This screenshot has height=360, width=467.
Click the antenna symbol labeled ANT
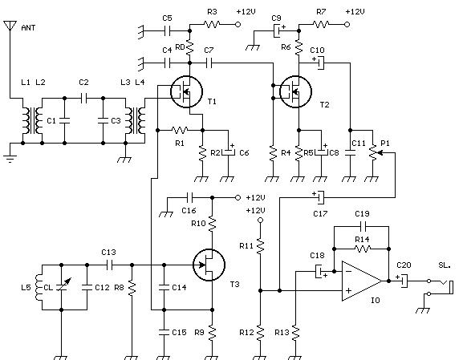(x=10, y=26)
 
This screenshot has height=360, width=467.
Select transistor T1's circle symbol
(x=186, y=91)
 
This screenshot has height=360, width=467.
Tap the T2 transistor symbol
(x=295, y=91)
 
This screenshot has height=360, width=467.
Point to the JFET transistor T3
(x=209, y=265)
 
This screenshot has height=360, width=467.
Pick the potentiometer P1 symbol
(x=374, y=152)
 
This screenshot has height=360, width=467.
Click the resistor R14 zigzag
(x=363, y=249)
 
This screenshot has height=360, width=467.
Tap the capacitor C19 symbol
(x=363, y=226)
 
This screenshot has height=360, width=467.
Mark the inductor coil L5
(x=39, y=287)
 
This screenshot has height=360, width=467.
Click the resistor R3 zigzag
(x=212, y=24)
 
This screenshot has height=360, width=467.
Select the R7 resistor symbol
(x=321, y=24)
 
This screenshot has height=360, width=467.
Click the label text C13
(x=108, y=253)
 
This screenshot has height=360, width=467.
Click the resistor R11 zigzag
(x=260, y=246)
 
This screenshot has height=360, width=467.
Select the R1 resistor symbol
(x=180, y=130)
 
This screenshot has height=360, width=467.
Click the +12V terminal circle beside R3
(x=238, y=24)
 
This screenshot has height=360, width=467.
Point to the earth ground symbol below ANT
(x=10, y=160)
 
